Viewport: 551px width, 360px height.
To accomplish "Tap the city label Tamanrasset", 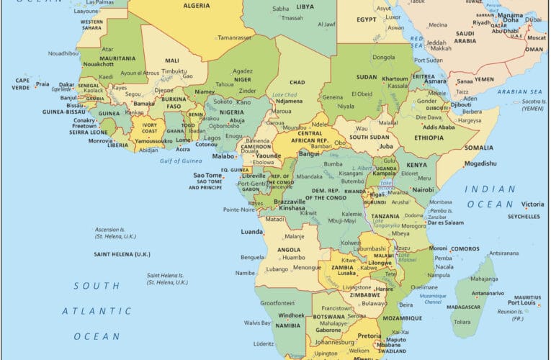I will pyautogui.click(x=236, y=36).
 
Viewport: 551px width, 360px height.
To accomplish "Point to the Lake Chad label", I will pyautogui.click(x=285, y=95).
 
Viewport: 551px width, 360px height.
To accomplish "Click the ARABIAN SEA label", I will pyautogui.click(x=518, y=92).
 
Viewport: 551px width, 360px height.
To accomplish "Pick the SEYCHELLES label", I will pyautogui.click(x=524, y=216).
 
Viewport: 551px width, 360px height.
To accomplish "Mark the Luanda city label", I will pyautogui.click(x=251, y=232).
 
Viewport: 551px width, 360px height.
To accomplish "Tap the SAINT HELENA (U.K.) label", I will pyautogui.click(x=122, y=254).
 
